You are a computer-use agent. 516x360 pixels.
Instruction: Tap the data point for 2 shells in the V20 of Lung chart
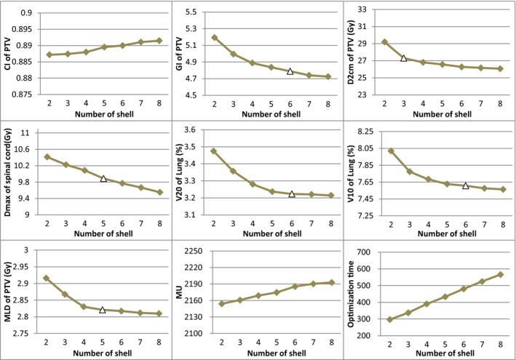pyautogui.click(x=214, y=151)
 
